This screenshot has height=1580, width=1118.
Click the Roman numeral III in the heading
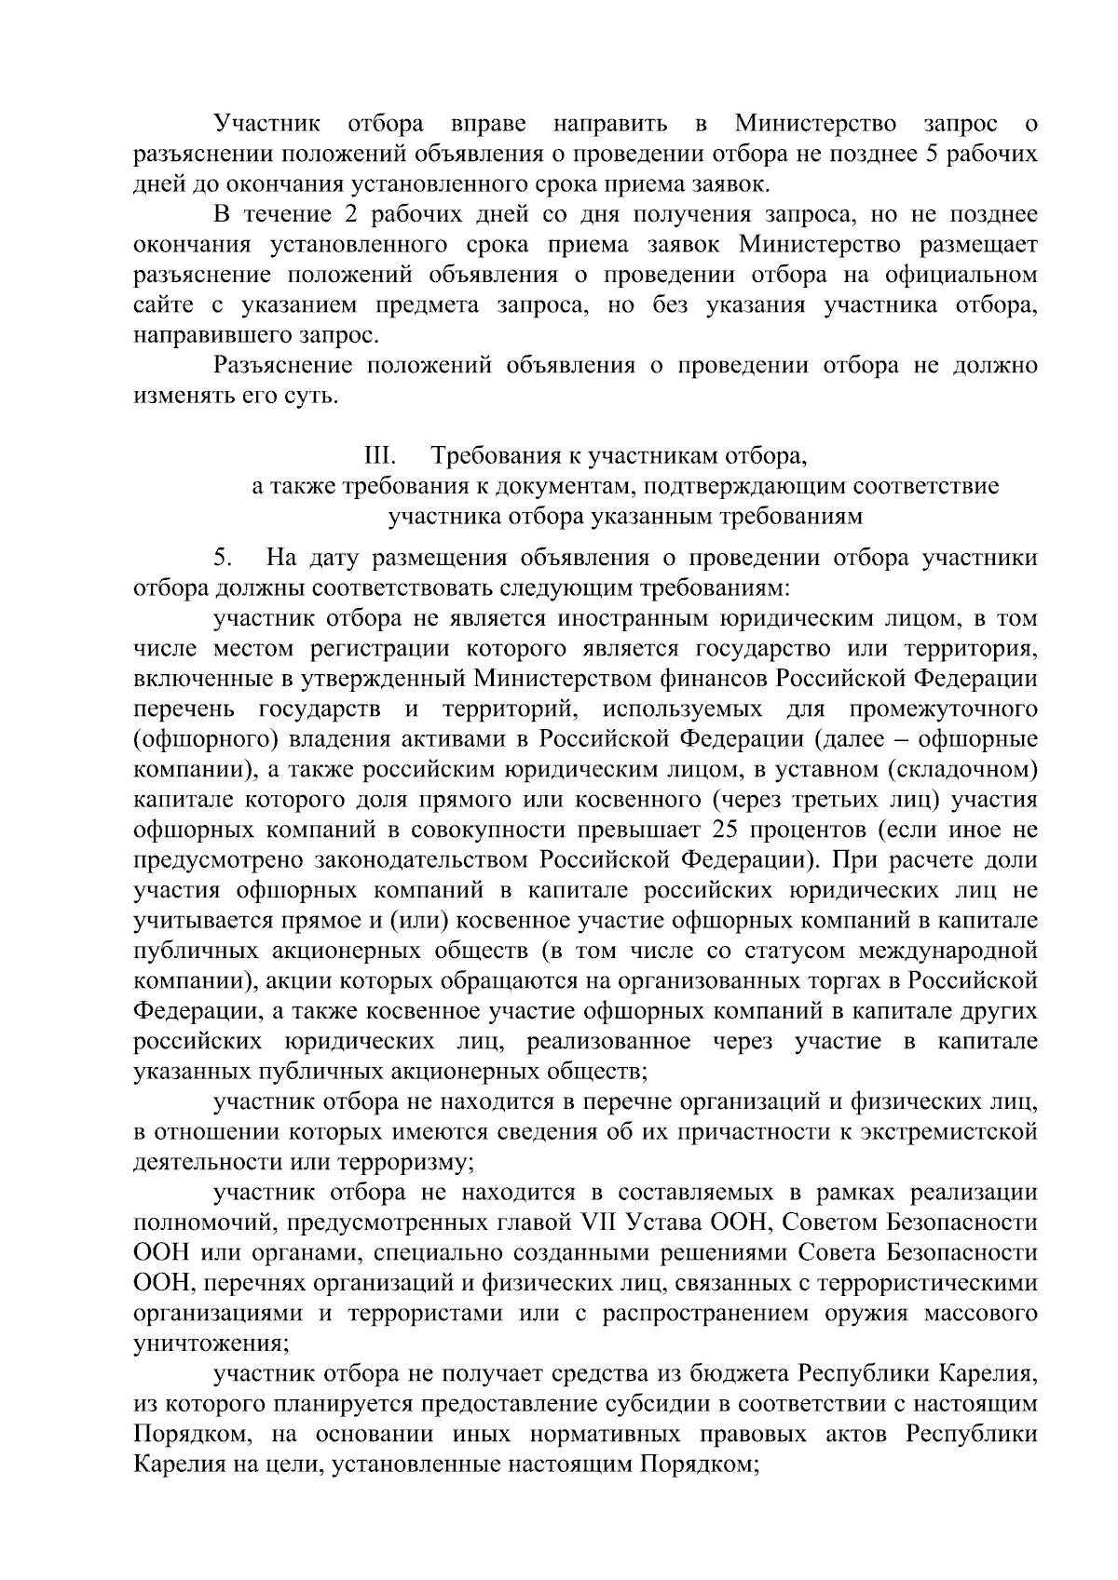[x=381, y=456]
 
